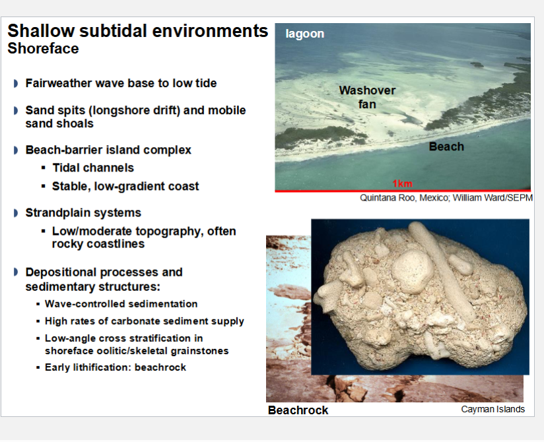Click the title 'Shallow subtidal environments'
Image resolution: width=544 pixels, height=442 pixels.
[x=137, y=31]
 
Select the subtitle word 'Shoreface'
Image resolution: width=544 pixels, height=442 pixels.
[x=43, y=49]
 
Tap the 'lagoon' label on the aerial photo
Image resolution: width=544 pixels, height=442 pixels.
[x=305, y=34]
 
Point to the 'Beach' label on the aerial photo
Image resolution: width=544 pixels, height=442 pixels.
[x=446, y=146]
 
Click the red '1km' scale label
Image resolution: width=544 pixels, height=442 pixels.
[x=401, y=183]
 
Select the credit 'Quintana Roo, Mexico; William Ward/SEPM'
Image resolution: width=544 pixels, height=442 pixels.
[x=446, y=198]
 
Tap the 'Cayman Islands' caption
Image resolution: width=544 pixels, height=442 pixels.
[x=493, y=409]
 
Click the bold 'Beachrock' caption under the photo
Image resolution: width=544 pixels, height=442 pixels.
[x=298, y=410]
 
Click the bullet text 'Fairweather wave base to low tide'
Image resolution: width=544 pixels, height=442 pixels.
[x=121, y=84]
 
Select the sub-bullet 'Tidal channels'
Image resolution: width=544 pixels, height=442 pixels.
[x=93, y=168]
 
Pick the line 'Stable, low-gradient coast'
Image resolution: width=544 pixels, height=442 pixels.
[x=125, y=187]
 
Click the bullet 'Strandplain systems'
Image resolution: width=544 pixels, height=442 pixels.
[x=83, y=213]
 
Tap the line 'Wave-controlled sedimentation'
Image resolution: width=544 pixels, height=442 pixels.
[x=121, y=304]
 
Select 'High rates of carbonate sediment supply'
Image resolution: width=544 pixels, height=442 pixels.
[x=144, y=321]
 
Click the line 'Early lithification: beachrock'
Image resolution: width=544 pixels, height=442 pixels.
[x=115, y=367]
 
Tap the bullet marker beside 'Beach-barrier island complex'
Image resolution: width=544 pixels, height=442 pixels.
[x=16, y=150]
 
